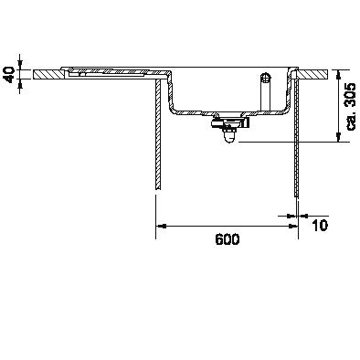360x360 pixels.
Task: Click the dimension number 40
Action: [9, 75]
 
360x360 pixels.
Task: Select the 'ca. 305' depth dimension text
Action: [351, 107]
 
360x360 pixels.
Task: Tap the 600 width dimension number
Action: [228, 239]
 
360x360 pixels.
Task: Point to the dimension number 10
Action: [320, 226]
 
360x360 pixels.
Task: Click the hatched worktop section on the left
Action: [48, 75]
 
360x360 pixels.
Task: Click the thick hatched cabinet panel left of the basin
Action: [158, 134]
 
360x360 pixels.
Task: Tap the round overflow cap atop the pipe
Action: [266, 76]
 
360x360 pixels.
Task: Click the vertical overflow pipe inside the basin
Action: [266, 94]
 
